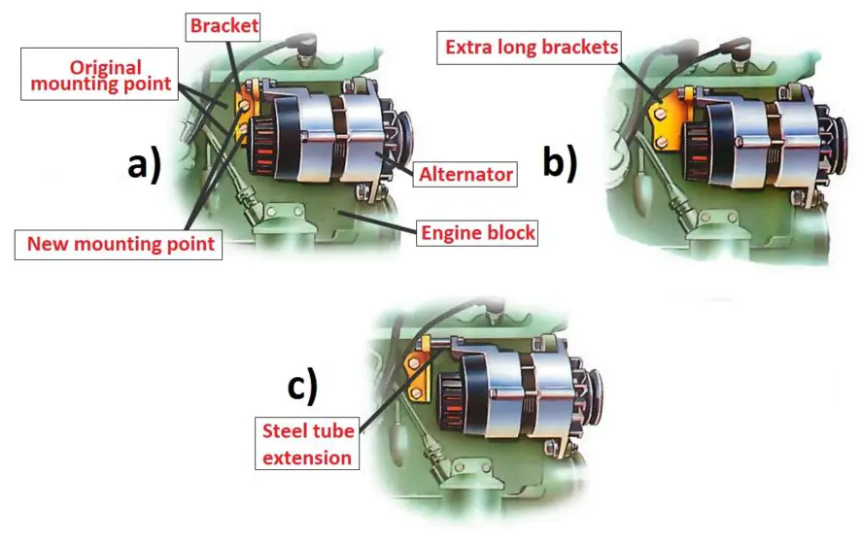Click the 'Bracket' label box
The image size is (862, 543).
223,26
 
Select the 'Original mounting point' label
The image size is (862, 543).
99,74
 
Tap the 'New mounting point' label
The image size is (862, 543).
119,244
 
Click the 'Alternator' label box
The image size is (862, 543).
465,174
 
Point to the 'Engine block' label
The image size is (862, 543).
477,233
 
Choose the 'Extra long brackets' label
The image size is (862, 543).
530,48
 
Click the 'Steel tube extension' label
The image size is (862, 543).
307,444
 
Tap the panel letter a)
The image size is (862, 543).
145,165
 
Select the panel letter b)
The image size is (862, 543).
560,163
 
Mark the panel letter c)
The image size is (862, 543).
302,386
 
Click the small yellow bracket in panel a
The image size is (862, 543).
245,115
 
